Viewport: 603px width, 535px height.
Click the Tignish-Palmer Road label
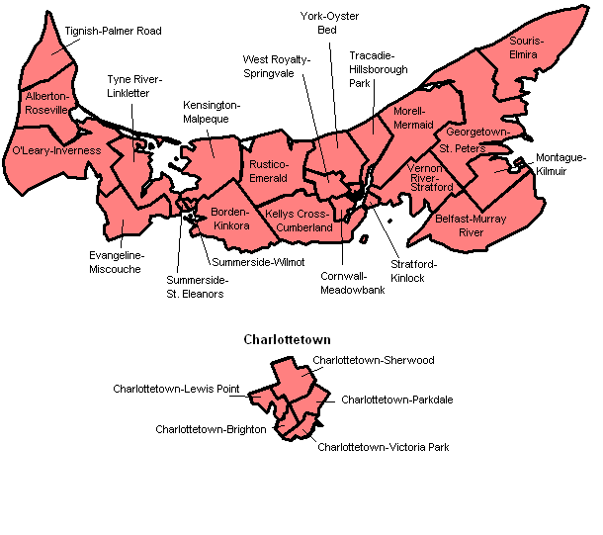pyautogui.click(x=113, y=32)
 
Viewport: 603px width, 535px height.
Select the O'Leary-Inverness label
pyautogui.click(x=55, y=150)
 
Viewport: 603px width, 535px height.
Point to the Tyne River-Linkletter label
pyautogui.click(x=134, y=86)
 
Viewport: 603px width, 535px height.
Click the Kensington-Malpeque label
pyautogui.click(x=212, y=111)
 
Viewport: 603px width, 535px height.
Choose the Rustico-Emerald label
pyautogui.click(x=268, y=171)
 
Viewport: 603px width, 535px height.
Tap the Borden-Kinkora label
pyautogui.click(x=229, y=219)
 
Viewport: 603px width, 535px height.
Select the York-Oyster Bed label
pyautogui.click(x=330, y=23)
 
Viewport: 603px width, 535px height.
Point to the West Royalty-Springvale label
pyautogui.click(x=276, y=66)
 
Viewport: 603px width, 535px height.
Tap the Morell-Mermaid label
pyautogui.click(x=413, y=118)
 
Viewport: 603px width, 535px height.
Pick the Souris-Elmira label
pyautogui.click(x=523, y=48)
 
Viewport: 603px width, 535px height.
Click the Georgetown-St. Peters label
pyautogui.click(x=476, y=139)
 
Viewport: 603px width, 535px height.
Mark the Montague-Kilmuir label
pyautogui.click(x=560, y=165)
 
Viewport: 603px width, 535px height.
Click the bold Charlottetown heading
pyautogui.click(x=287, y=339)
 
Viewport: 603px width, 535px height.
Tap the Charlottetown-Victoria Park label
pyautogui.click(x=384, y=447)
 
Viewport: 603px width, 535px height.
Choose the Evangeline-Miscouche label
pyautogui.click(x=115, y=262)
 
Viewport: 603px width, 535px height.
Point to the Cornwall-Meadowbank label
pyautogui.click(x=352, y=284)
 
